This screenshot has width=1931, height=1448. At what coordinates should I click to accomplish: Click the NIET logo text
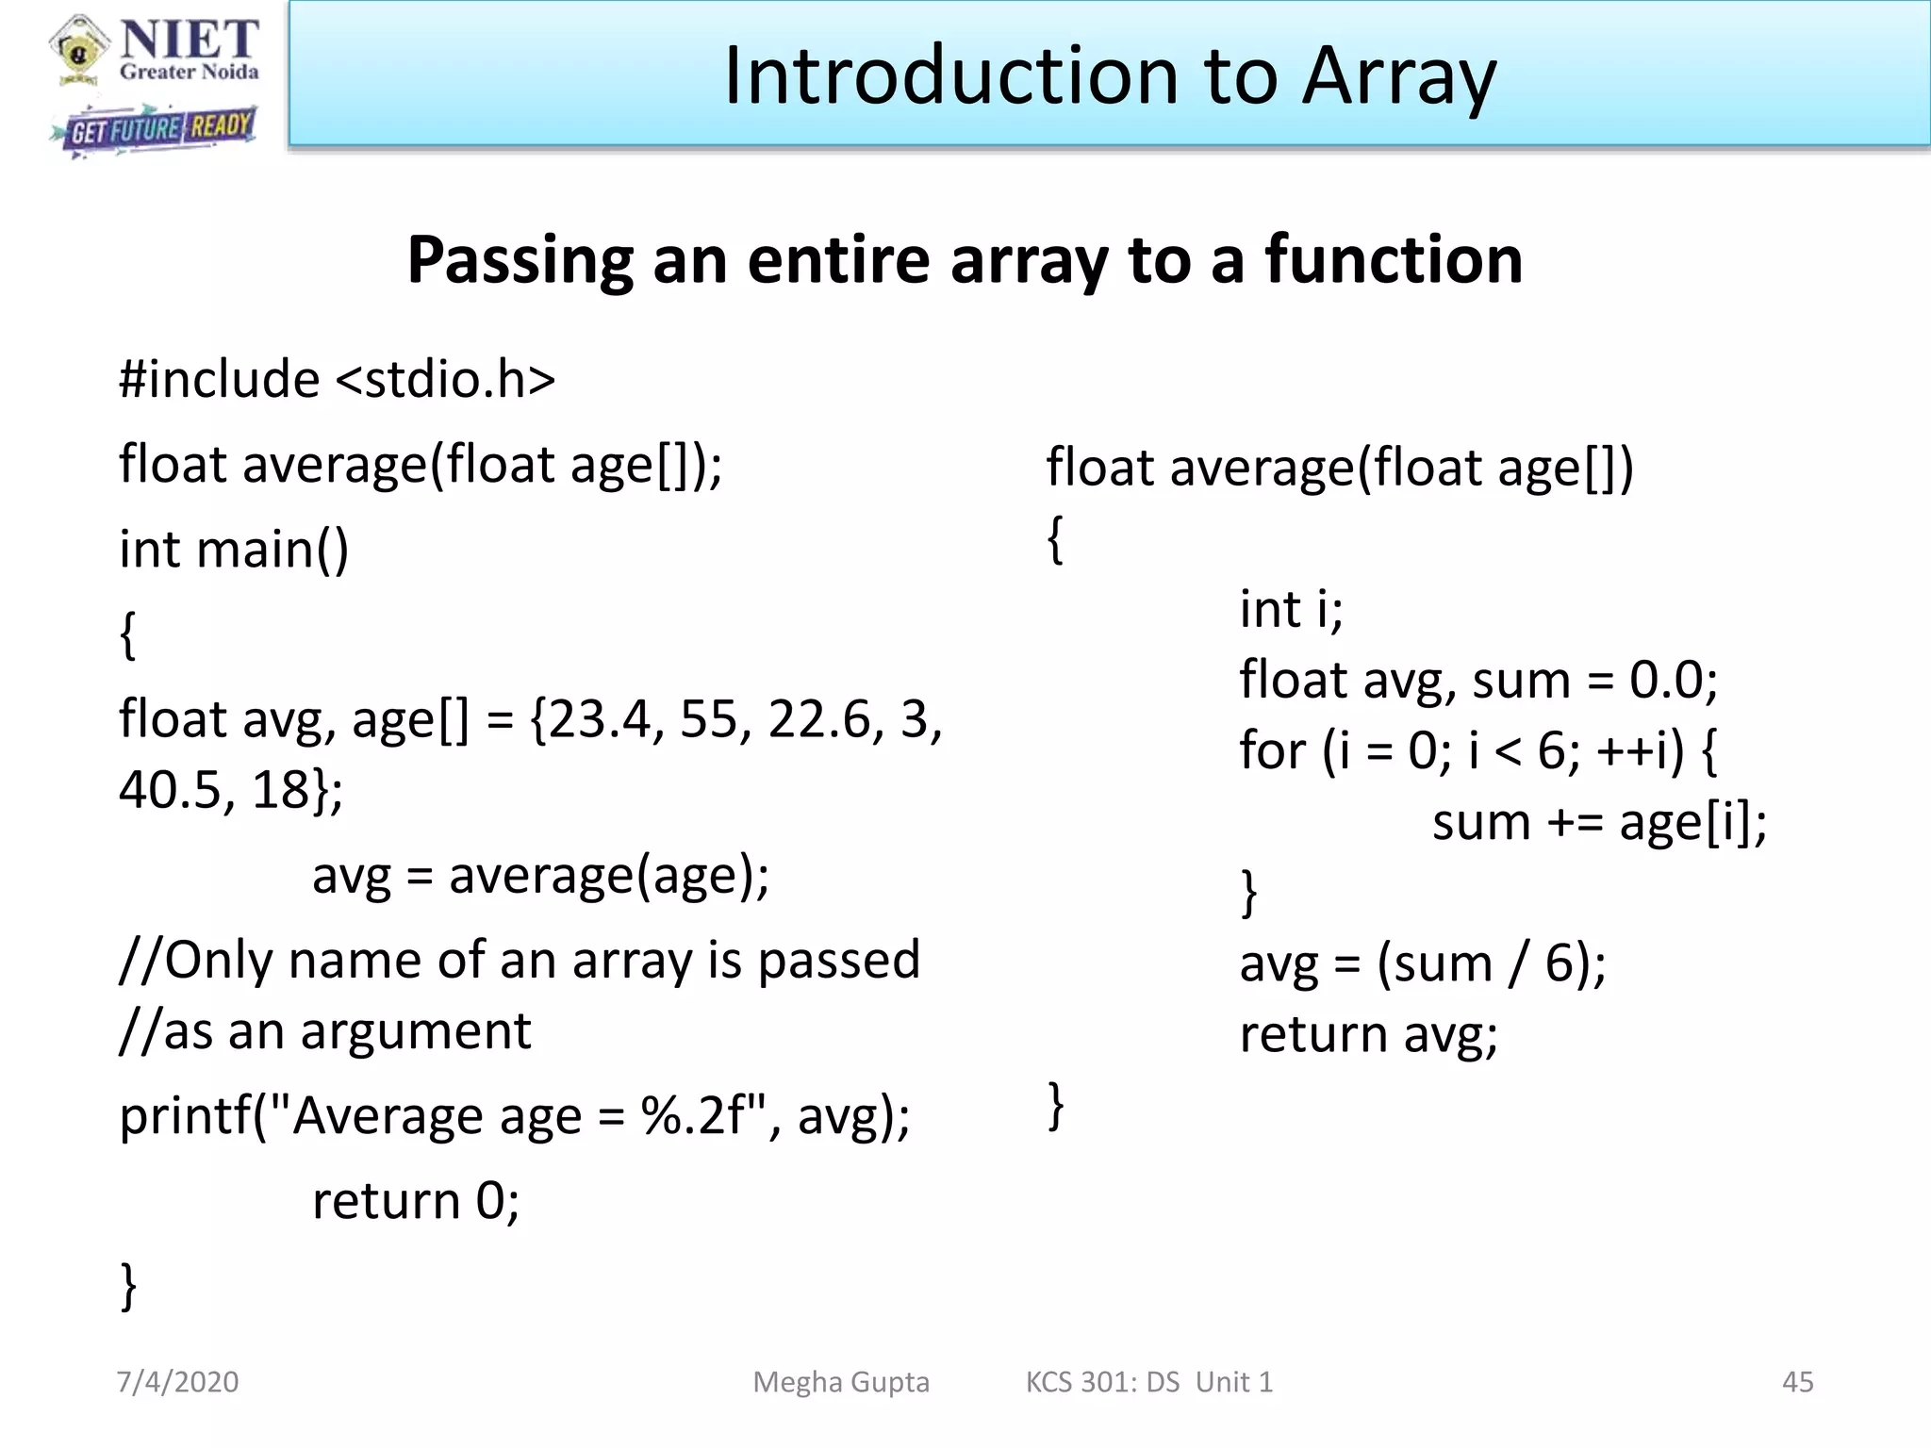189,40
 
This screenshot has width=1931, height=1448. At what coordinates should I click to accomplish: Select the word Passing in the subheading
520,260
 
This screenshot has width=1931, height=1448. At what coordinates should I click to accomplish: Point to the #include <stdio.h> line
337,380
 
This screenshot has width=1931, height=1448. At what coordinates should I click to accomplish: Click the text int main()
234,550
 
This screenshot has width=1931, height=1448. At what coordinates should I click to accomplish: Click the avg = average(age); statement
540,876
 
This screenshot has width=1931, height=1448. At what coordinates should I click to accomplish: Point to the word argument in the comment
416,1031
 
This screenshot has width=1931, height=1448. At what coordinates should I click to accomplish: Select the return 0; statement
416,1201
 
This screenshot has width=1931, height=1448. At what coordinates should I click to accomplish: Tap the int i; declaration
1291,609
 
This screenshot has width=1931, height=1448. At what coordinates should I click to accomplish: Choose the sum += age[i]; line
1599,822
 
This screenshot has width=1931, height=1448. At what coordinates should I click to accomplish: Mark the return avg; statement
1368,1035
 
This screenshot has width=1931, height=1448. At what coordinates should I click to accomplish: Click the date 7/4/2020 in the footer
177,1382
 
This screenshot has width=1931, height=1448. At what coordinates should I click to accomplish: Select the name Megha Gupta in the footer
841,1382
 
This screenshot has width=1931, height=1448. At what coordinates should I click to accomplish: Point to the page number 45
1797,1382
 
